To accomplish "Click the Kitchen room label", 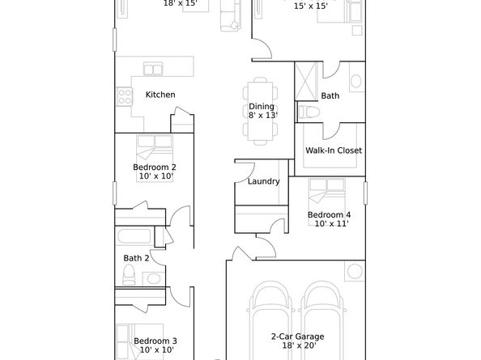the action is [160, 95].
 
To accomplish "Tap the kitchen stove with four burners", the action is [125, 96].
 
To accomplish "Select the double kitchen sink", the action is [153, 69].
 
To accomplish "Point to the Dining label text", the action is [262, 107].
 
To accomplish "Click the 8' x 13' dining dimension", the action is [263, 116].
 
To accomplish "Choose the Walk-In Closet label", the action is [334, 150].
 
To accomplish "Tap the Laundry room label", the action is [263, 181].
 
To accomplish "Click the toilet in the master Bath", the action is [309, 112].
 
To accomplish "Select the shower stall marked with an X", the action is [306, 81].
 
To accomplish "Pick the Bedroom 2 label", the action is [155, 167].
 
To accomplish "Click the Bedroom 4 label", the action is [329, 214].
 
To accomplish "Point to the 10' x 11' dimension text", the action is [331, 223].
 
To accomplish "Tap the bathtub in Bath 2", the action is [134, 236].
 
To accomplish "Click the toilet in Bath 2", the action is [129, 274].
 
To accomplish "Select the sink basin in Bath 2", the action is [153, 279].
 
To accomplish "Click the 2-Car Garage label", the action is [297, 337].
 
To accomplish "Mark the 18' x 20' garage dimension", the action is [299, 345].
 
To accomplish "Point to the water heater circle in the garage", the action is [355, 271].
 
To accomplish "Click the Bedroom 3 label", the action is [155, 341].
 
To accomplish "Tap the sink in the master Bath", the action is [355, 81].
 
